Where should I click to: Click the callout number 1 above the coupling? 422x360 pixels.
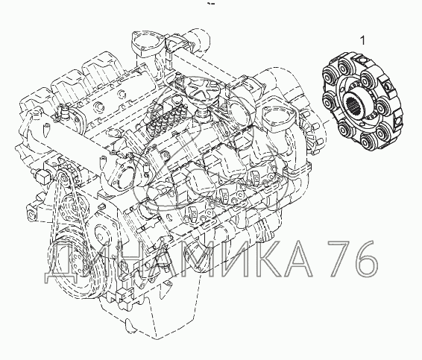363,41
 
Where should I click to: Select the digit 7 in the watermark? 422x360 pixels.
340,259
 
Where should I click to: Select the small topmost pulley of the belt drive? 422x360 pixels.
63,176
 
